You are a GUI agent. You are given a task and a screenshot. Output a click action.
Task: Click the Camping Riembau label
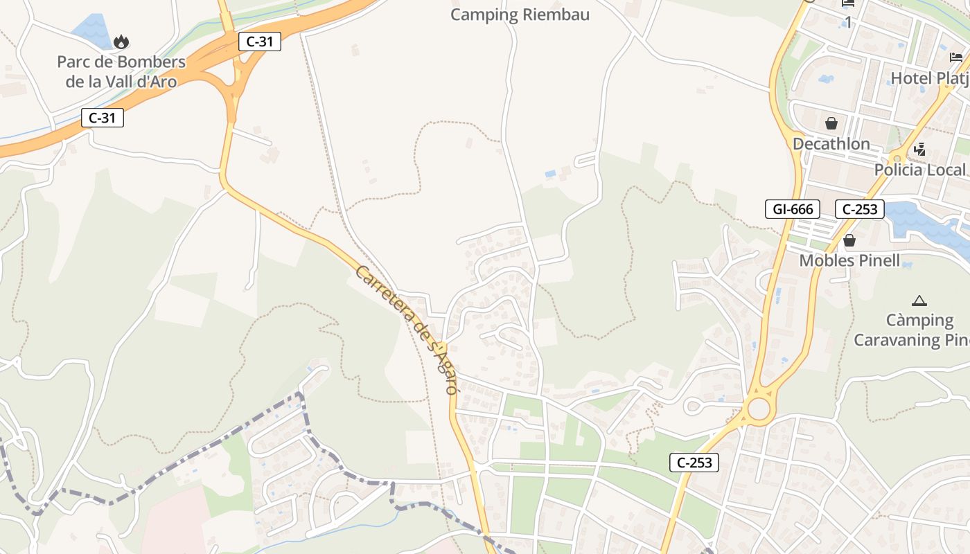pos(520,15)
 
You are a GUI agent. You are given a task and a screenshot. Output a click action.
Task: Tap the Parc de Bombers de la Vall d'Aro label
pos(121,71)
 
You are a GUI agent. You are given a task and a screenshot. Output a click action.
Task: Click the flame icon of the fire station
pos(121,42)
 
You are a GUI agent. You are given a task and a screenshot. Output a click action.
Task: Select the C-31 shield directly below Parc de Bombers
pos(103,118)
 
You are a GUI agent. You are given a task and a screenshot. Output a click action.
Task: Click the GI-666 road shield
pos(793,209)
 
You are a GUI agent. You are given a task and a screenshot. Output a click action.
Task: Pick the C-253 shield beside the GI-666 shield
pos(860,209)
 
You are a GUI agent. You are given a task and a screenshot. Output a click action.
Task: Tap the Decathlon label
pos(831,144)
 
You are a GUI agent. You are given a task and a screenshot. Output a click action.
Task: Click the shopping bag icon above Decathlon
pos(831,123)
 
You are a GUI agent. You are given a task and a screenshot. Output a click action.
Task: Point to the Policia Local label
pos(919,170)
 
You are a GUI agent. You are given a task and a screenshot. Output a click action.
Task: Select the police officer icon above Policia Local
pos(919,149)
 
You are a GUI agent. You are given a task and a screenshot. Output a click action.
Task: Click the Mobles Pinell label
pos(849,261)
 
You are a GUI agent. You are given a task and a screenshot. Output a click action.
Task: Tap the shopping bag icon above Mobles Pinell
pos(849,241)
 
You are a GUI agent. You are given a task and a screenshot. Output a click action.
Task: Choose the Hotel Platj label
pos(929,78)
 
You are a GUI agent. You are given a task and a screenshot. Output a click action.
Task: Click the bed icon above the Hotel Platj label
pos(956,57)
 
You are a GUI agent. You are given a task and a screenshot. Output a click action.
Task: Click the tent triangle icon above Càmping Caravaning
pos(919,301)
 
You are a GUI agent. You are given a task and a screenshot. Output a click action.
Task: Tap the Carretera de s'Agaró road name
pos(407,329)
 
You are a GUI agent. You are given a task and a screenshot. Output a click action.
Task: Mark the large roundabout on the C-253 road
pos(759,409)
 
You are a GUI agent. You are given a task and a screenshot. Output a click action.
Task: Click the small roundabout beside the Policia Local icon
pos(899,157)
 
